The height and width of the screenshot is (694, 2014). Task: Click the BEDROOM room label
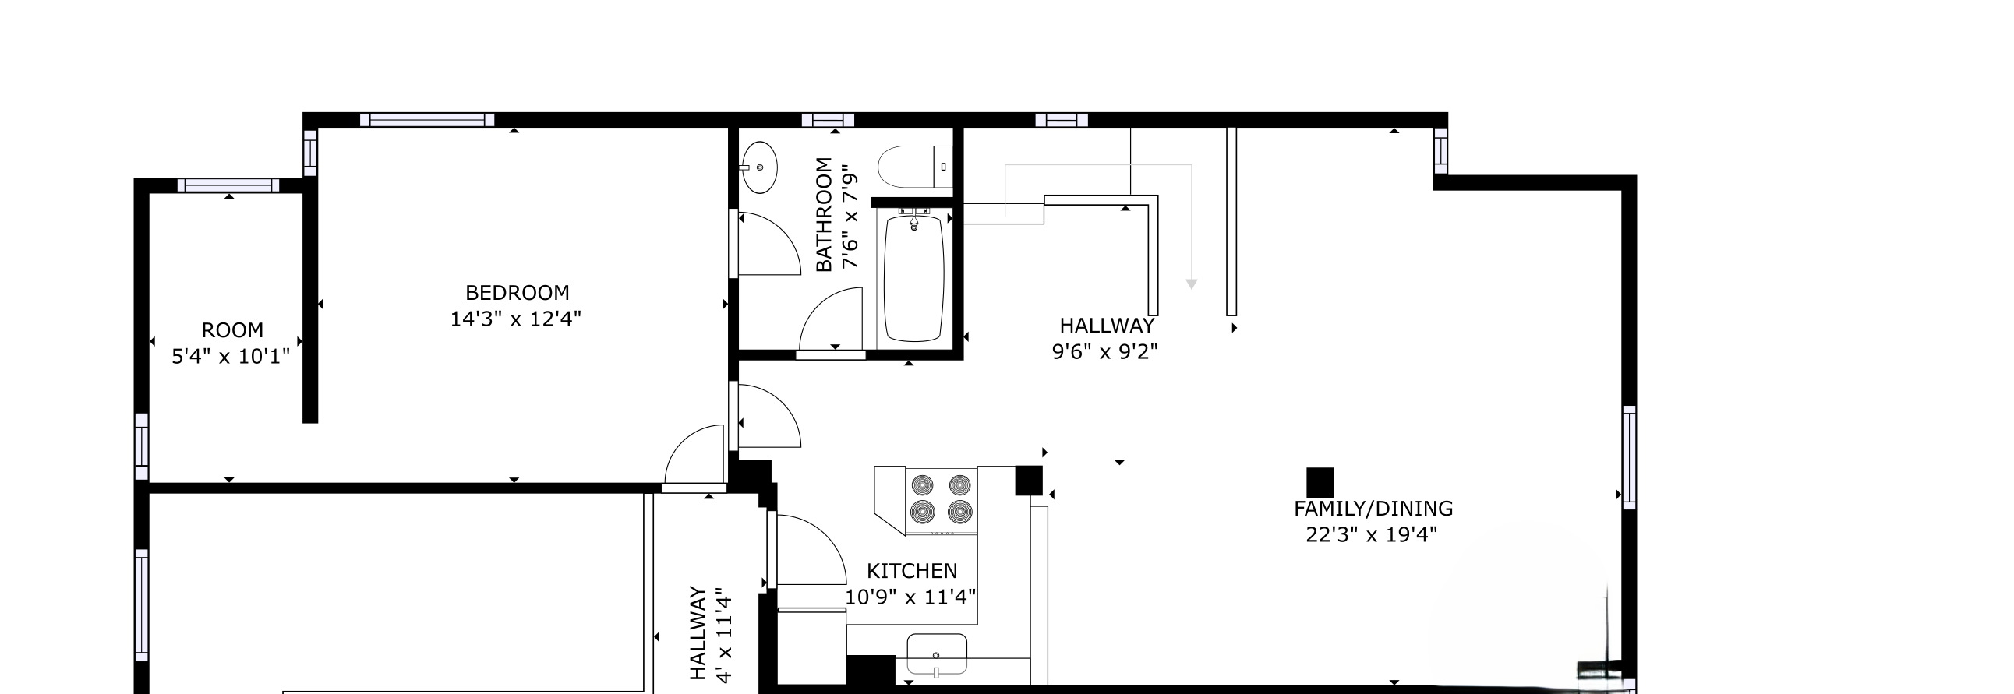coord(517,293)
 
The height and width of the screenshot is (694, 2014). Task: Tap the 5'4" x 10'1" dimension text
coord(231,358)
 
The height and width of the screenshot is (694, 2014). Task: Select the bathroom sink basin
coord(758,167)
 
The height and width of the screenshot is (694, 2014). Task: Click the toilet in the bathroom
coord(913,167)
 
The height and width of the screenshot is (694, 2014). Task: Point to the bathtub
coord(913,278)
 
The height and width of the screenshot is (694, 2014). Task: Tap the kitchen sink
coord(937,655)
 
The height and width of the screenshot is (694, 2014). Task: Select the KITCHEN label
coord(912,571)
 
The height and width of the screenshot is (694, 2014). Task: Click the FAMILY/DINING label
coord(1373,509)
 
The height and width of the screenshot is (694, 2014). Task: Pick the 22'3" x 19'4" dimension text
coord(1371,535)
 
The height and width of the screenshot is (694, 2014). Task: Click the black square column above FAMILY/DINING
coord(1320,482)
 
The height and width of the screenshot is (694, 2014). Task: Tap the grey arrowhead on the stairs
coord(1192,284)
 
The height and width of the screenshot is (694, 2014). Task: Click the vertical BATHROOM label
coord(824,214)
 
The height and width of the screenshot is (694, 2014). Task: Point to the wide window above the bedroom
coord(427,120)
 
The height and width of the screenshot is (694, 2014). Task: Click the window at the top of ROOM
coord(228,185)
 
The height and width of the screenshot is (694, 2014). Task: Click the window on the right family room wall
coord(1628,457)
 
